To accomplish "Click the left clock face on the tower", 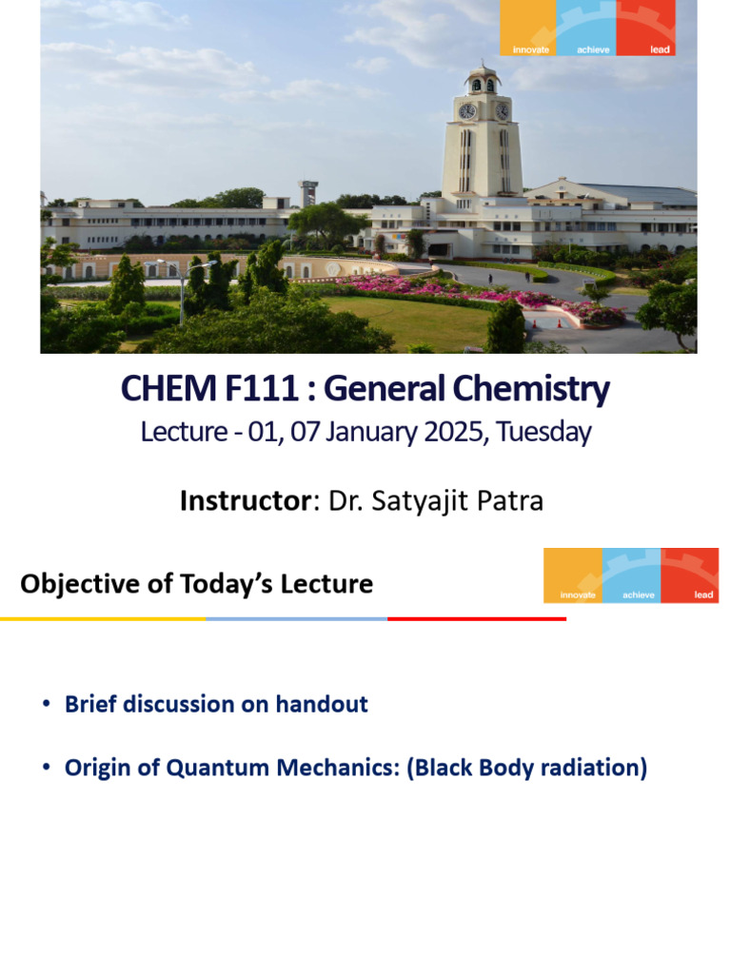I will (x=467, y=111).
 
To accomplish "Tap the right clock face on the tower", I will (x=502, y=111).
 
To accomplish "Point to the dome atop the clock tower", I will (x=484, y=72).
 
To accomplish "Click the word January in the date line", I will (x=362, y=432).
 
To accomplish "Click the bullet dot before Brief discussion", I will (x=46, y=705).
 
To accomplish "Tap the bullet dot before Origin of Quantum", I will (x=46, y=768).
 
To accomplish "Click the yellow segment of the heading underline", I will (x=103, y=619).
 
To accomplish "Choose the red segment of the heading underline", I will (x=476, y=619).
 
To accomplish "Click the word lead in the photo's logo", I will (x=660, y=49).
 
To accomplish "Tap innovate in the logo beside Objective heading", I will (x=578, y=594).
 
